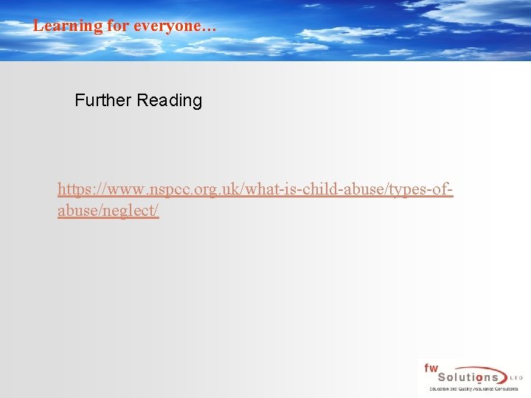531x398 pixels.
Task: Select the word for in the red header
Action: point(117,26)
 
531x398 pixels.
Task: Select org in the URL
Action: point(207,190)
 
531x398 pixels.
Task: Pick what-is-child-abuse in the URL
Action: point(306,190)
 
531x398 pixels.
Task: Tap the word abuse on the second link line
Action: point(77,212)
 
